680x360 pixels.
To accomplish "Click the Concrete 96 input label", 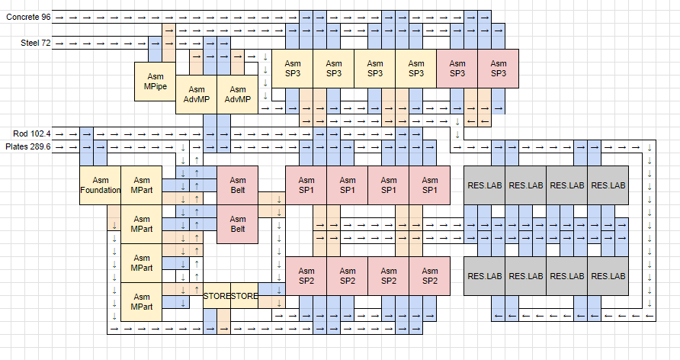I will (28, 17).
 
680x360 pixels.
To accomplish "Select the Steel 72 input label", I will (35, 43).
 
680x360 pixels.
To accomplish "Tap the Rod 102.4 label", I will (31, 133).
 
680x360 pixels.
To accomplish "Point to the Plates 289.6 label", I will (28, 146).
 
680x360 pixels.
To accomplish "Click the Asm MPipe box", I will (155, 82).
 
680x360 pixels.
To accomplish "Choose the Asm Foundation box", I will (100, 185).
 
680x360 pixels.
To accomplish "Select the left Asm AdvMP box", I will (196, 95).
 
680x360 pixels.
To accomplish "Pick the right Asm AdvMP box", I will (237, 95).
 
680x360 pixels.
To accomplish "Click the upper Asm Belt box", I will (237, 185).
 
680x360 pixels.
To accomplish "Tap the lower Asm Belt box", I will (237, 224).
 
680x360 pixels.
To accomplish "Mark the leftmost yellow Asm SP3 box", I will (293, 69).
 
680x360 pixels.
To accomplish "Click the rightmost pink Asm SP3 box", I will (498, 69).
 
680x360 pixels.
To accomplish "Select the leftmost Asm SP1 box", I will (306, 185).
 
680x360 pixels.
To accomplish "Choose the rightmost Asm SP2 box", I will (429, 275).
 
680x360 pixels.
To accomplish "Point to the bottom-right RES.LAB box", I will (608, 275).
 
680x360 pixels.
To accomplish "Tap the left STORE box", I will (217, 296).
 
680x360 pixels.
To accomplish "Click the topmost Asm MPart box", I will (141, 185).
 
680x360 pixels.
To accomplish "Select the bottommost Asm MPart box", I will (141, 301).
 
